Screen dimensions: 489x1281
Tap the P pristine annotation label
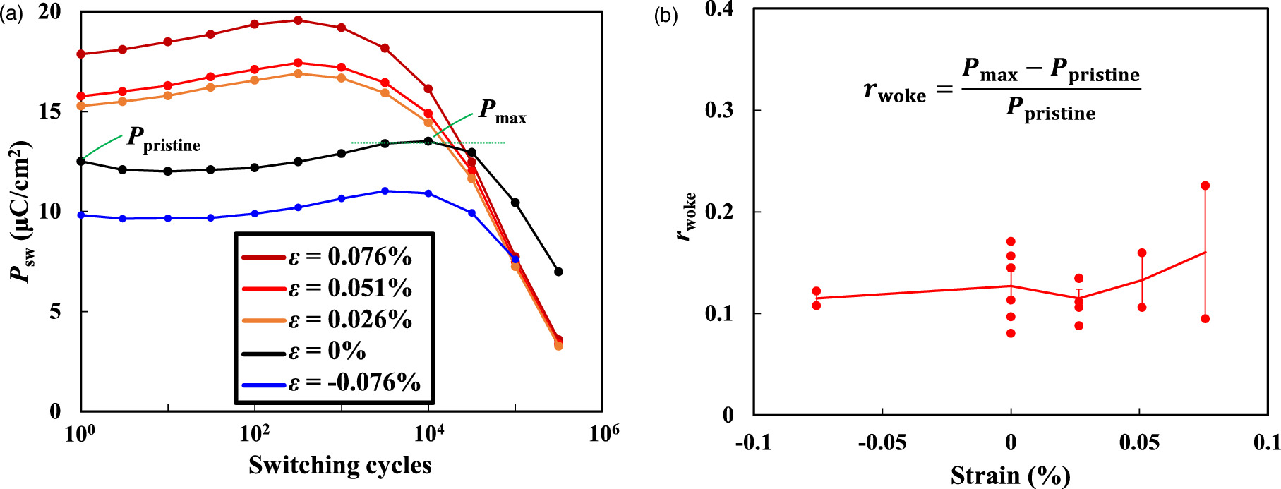[x=163, y=139]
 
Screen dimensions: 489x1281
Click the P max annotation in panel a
[x=502, y=111]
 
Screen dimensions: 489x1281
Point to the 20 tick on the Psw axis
[x=49, y=12]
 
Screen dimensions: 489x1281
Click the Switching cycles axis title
[x=339, y=465]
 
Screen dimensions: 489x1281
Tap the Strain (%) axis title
[x=1010, y=475]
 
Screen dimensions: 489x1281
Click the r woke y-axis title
[x=686, y=217]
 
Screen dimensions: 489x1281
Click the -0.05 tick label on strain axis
[x=882, y=442]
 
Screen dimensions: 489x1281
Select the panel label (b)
[x=666, y=16]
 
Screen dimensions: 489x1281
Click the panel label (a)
[x=12, y=14]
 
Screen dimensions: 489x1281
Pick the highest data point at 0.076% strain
[x=1205, y=186]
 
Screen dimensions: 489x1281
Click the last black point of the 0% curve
[x=558, y=272]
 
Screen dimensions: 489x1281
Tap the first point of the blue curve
[x=81, y=215]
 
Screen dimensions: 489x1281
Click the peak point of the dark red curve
[x=298, y=20]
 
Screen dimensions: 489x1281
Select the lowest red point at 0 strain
[x=1011, y=333]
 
